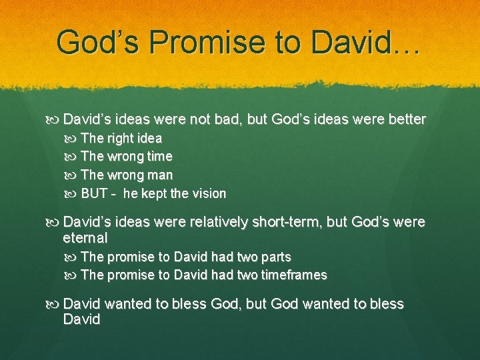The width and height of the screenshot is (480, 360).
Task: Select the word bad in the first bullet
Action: [x=227, y=119]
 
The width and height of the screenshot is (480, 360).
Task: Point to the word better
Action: [x=402, y=119]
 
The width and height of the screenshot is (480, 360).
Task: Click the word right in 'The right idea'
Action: [x=119, y=139]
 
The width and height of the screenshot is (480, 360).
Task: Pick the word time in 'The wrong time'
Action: [x=159, y=157]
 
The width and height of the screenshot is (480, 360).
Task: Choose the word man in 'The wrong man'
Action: [x=159, y=175]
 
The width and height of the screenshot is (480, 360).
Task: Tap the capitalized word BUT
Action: [x=94, y=194]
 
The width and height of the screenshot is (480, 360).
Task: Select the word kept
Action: [x=154, y=194]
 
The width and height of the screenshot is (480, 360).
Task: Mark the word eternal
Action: [x=85, y=237]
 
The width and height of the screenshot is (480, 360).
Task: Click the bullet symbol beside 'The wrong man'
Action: [x=72, y=175]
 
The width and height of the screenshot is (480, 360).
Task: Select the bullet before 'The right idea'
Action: [x=72, y=139]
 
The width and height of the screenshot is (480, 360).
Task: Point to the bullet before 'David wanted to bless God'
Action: [x=55, y=304]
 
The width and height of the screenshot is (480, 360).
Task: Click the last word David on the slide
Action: [x=81, y=319]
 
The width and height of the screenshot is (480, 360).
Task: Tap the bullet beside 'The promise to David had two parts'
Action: [x=72, y=257]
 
